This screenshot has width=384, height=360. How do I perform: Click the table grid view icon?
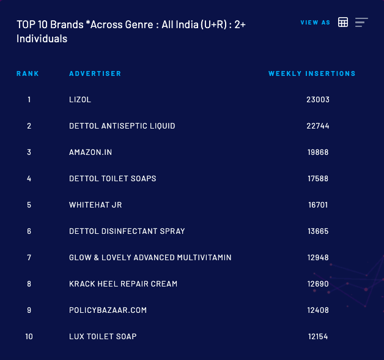343,23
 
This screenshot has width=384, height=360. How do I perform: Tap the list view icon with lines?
361,23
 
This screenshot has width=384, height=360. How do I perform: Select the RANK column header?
28,73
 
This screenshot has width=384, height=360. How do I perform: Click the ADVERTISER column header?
95,73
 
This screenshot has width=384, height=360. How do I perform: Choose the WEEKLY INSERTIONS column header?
312,73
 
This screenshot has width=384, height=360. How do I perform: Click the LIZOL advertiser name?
80,100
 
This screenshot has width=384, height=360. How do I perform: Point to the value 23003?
318,100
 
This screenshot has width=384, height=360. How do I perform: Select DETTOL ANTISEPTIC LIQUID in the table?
122,126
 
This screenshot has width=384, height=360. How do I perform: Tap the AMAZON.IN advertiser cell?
90,152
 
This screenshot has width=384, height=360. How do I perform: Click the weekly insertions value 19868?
318,152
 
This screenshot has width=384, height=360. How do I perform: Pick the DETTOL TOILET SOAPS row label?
113,179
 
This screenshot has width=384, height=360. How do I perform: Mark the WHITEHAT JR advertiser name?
95,205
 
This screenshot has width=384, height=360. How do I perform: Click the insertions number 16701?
318,205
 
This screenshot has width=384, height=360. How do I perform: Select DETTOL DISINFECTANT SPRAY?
127,231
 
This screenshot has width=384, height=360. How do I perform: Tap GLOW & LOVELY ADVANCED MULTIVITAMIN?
150,258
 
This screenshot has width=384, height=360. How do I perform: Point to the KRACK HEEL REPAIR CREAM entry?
124,284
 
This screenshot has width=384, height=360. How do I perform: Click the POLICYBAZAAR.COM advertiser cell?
108,310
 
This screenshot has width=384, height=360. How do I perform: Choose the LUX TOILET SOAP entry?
103,337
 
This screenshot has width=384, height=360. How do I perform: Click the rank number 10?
29,337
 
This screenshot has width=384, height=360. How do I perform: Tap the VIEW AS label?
315,23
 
